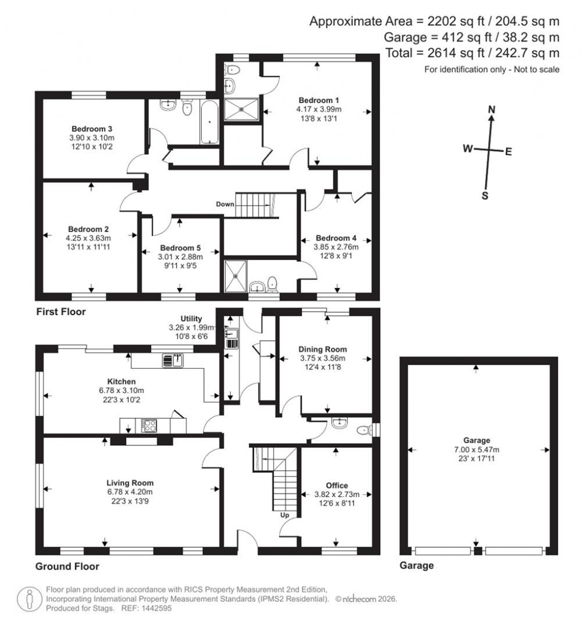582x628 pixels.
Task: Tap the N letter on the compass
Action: pyautogui.click(x=492, y=110)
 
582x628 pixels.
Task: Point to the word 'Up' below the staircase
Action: pyautogui.click(x=285, y=515)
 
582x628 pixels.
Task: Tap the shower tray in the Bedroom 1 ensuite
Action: pyautogui.click(x=241, y=109)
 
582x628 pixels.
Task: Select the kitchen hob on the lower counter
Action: pyautogui.click(x=149, y=424)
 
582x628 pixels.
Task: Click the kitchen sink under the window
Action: pyautogui.click(x=172, y=359)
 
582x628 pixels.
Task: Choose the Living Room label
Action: pyautogui.click(x=130, y=483)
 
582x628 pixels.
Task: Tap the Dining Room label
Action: pyautogui.click(x=322, y=349)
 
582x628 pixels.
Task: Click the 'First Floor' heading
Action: pyautogui.click(x=61, y=312)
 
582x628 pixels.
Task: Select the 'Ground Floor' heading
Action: pyautogui.click(x=67, y=566)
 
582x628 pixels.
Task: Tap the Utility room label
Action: pyautogui.click(x=191, y=319)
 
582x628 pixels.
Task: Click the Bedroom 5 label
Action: pyautogui.click(x=180, y=248)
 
